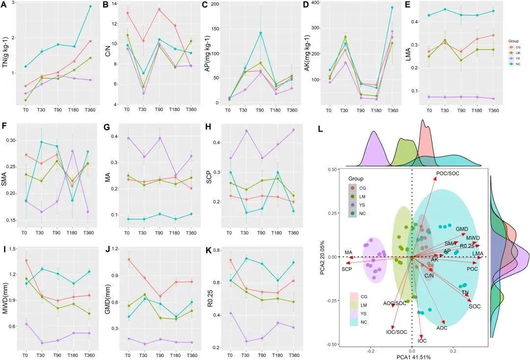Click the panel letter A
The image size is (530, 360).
[x=4, y=5]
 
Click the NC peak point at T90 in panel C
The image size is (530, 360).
[x=260, y=33]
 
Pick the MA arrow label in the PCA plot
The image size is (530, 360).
[x=348, y=252]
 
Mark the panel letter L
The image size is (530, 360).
[x=320, y=129]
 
